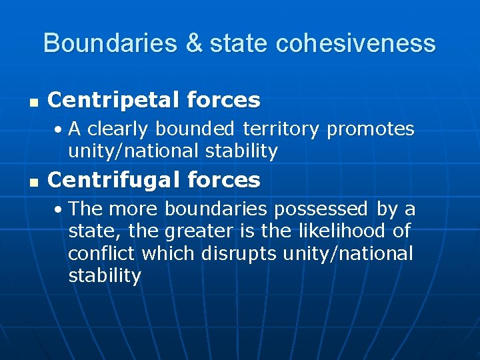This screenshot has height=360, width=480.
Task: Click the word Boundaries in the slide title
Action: [110, 43]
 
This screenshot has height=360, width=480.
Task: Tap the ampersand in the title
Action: [194, 43]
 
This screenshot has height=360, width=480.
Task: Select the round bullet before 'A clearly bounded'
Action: [59, 129]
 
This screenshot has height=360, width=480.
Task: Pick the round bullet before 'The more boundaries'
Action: [59, 209]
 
